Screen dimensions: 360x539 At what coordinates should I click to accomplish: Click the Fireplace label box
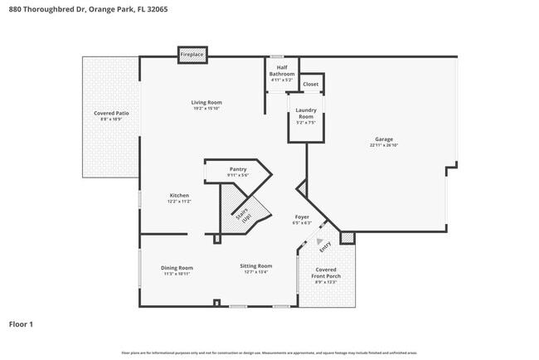192,54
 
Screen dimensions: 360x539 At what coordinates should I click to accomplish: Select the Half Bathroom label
282,71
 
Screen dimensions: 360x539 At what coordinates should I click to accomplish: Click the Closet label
310,84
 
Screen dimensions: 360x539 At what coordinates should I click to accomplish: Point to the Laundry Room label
305,114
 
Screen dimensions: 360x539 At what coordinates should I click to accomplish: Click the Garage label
384,139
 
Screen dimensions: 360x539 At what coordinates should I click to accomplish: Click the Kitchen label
179,196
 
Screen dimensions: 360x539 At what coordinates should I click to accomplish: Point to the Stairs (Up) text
245,215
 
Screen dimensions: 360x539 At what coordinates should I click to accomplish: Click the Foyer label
302,216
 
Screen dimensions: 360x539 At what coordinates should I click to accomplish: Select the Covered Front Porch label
324,275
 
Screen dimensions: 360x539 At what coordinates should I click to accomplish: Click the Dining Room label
177,268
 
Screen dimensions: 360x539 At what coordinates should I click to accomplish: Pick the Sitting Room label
255,268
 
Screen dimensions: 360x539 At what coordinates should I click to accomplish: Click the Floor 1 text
21,324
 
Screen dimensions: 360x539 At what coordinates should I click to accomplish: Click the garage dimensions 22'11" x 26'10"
384,144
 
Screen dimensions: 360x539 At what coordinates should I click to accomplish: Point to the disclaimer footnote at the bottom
269,353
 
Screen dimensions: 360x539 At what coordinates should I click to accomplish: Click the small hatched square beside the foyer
347,238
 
